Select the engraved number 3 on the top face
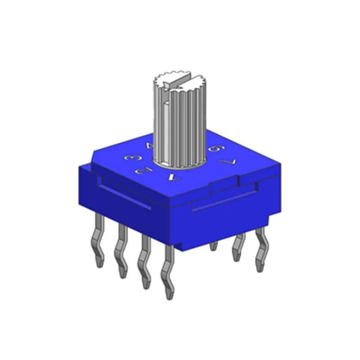pyautogui.click(x=134, y=158)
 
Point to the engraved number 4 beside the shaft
pyautogui.click(x=150, y=146)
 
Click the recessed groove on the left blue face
pyautogui.click(x=124, y=193)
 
